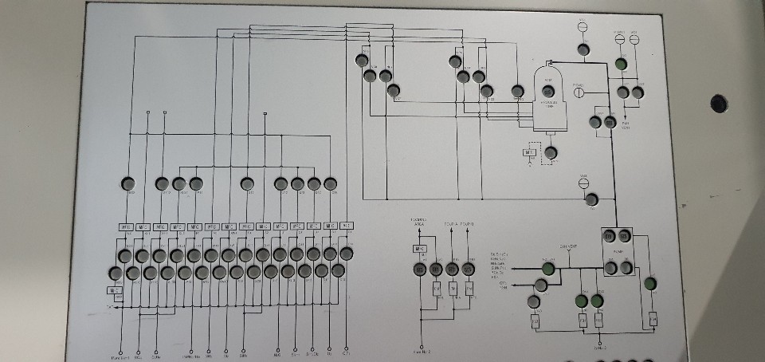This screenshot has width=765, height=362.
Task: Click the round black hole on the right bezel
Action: click(719, 103)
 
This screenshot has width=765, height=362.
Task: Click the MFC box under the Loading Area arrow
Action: click(419, 249)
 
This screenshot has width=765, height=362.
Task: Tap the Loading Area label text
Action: click(418, 222)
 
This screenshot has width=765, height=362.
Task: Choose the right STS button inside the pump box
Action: click(624, 236)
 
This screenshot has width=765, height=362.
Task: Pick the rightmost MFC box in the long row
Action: click(347, 226)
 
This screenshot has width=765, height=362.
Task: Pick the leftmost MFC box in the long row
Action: click(125, 227)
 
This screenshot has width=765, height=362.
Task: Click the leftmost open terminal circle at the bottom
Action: click(120, 350)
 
